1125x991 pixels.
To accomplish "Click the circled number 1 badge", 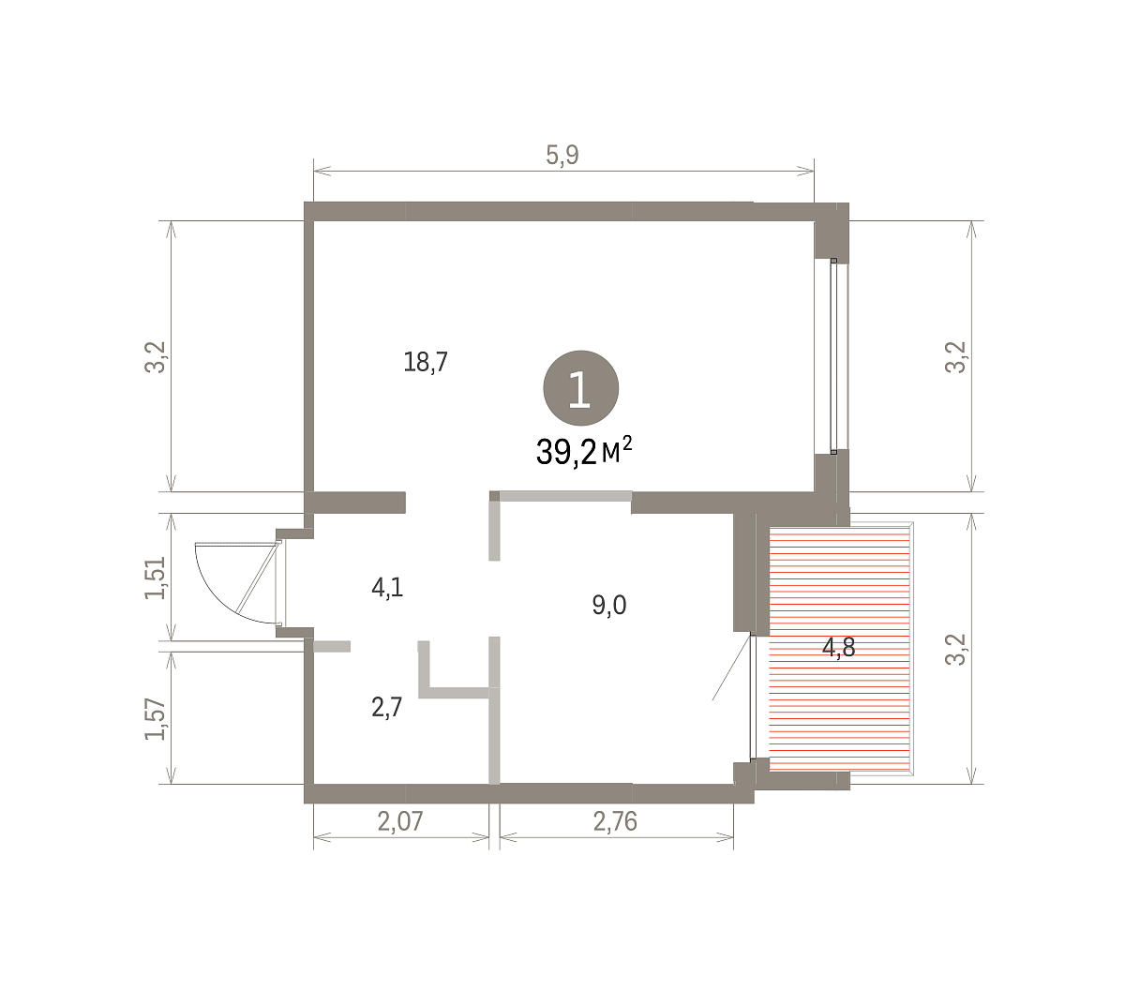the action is pyautogui.click(x=580, y=388).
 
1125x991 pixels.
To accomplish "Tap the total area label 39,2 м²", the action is pyautogui.click(x=584, y=451).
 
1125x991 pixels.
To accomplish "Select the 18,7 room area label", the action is pyautogui.click(x=426, y=362).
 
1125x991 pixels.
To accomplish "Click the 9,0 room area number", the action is pyautogui.click(x=608, y=605).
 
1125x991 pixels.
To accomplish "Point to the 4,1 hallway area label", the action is pyautogui.click(x=387, y=588).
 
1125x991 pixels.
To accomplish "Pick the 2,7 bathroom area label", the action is pyautogui.click(x=386, y=708).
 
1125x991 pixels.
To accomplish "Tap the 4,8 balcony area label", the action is pyautogui.click(x=838, y=647).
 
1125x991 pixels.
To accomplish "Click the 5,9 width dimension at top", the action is pyautogui.click(x=562, y=155).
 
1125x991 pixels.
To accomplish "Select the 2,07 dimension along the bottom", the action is pyautogui.click(x=400, y=821).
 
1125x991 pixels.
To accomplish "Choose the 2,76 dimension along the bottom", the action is pyautogui.click(x=615, y=821).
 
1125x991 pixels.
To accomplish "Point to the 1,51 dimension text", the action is pyautogui.click(x=155, y=578).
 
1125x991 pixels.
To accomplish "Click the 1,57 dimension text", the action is pyautogui.click(x=155, y=718).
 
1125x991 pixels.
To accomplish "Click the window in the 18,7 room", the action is pyautogui.click(x=832, y=355).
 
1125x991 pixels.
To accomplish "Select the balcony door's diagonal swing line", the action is pyautogui.click(x=732, y=668).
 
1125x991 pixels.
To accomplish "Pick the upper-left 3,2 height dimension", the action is pyautogui.click(x=155, y=356).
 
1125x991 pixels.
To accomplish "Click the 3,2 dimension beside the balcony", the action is pyautogui.click(x=955, y=649).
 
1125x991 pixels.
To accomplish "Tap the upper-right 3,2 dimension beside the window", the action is pyautogui.click(x=955, y=356).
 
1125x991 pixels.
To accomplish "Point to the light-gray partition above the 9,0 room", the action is pyautogui.click(x=565, y=495).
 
